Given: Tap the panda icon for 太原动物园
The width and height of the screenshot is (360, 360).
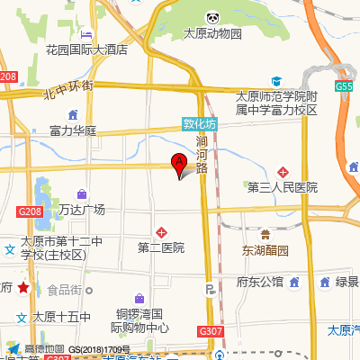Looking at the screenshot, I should (213, 18).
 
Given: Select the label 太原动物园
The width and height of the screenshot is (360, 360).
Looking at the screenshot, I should (213, 34).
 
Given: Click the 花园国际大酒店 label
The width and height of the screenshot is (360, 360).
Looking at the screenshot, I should (85, 50).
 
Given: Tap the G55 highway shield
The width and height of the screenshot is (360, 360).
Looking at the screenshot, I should (344, 86).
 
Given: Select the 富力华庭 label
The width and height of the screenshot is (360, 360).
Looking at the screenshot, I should (73, 130).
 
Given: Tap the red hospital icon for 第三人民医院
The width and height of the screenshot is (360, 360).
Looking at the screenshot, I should (283, 171).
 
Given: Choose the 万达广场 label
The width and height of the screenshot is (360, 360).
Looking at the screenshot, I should (82, 210).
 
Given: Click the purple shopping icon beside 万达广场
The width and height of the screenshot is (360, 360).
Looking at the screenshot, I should (82, 193).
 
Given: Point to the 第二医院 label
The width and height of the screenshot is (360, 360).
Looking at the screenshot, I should (161, 247).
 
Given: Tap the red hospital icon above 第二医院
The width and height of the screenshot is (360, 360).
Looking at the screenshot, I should (161, 231).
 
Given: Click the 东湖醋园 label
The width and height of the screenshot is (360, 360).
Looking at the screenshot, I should (265, 250).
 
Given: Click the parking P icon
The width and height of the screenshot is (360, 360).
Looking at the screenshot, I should (211, 290).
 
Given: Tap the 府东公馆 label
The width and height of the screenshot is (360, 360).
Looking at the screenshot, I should (260, 282).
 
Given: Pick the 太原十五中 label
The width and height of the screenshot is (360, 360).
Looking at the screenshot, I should (61, 317).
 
